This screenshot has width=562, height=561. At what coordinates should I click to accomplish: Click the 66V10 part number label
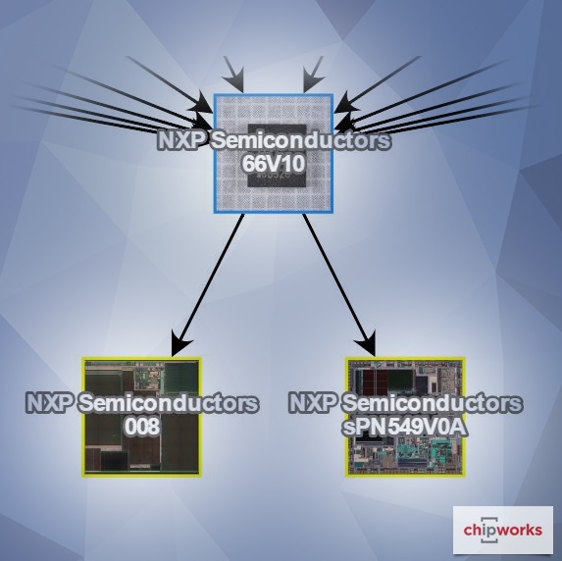point(274,164)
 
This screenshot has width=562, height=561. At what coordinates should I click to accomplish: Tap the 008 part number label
point(141,426)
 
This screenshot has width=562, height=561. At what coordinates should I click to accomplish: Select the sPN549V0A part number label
point(405,427)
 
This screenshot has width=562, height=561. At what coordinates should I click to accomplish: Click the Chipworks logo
point(502,530)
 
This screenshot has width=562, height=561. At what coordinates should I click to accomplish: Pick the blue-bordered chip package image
point(274,153)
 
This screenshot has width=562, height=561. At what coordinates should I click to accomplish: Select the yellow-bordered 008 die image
point(141,417)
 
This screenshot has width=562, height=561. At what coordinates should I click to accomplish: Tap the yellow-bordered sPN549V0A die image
point(405,417)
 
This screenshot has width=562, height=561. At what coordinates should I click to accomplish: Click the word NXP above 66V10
point(181,141)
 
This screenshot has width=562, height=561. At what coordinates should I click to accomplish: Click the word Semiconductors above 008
point(168,402)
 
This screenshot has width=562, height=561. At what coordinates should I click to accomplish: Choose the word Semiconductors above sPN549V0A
point(432,402)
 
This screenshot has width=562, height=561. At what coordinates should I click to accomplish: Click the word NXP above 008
point(50,402)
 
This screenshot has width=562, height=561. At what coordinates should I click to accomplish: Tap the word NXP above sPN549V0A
point(313,402)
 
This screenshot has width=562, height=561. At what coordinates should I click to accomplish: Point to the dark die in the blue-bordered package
point(277,155)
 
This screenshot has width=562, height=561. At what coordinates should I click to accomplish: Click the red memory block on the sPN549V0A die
point(376,382)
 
